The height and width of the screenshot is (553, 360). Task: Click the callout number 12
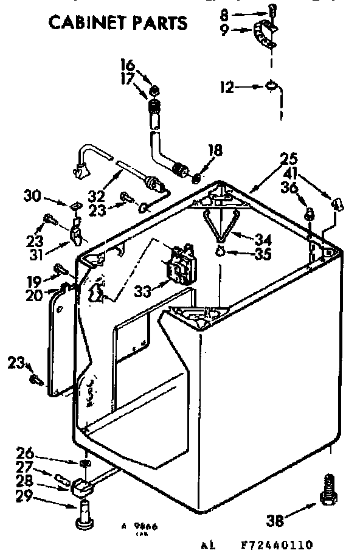coord(226,88)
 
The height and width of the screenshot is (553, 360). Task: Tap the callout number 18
coord(215,150)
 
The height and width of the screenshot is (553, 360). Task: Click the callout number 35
coord(262,254)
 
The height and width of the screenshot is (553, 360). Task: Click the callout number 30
coord(33,196)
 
